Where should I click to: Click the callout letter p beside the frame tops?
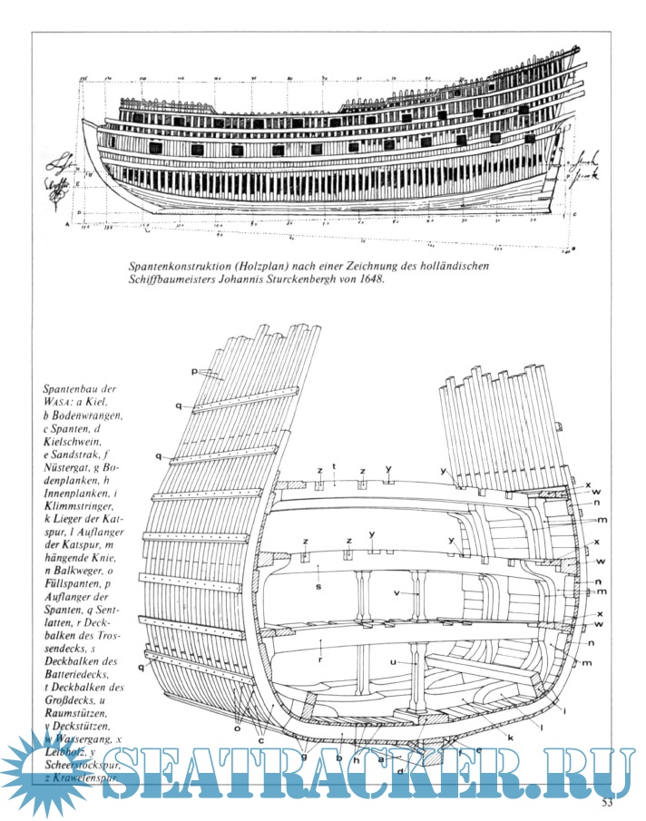pos(195,372)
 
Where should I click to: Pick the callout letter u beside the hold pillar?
pos(395,663)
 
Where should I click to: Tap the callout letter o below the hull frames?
pos(238,727)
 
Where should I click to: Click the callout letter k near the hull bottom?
pos(511,738)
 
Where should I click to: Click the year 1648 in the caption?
pos(370,281)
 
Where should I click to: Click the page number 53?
pos(608,802)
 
